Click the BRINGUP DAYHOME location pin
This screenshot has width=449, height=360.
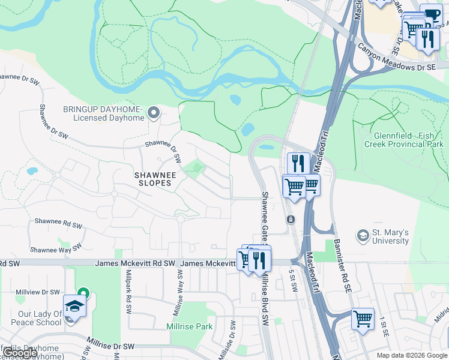click(x=154, y=112)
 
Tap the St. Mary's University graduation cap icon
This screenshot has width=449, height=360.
click(x=363, y=236)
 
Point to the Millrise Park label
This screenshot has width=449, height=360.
click(x=190, y=327)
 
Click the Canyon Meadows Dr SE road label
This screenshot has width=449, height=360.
click(x=396, y=58)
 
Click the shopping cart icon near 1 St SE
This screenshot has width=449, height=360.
click(x=363, y=319)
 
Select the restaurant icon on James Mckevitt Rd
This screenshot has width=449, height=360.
click(x=259, y=260)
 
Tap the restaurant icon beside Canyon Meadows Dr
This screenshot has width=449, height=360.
click(x=427, y=39)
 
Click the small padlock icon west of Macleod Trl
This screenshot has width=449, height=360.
click(x=291, y=220)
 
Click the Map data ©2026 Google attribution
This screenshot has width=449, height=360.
click(x=412, y=355)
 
